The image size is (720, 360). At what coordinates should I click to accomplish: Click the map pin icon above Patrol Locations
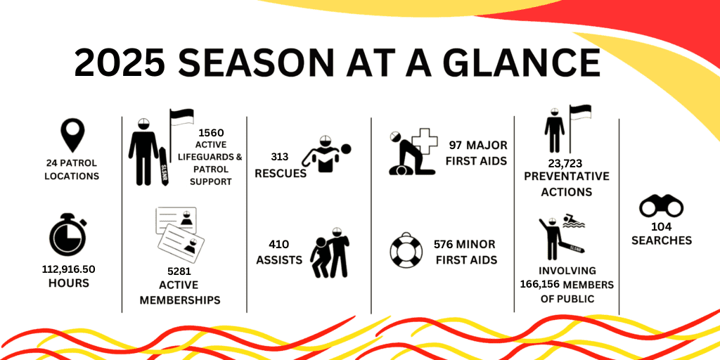pyautogui.click(x=72, y=135)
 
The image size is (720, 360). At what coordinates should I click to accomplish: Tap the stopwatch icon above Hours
pyautogui.click(x=68, y=234)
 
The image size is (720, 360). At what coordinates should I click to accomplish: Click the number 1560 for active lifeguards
pyautogui.click(x=211, y=133)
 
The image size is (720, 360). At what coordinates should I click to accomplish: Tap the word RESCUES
pyautogui.click(x=281, y=174)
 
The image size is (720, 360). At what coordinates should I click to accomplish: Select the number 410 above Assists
pyautogui.click(x=279, y=244)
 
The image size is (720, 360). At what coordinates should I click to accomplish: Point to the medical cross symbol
pyautogui.click(x=425, y=143)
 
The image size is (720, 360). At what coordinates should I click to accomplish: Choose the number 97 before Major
pyautogui.click(x=456, y=146)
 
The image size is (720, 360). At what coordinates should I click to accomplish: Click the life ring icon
pyautogui.click(x=406, y=250)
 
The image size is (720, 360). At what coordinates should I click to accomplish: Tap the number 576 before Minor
pyautogui.click(x=443, y=244)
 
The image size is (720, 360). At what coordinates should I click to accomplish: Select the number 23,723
pyautogui.click(x=565, y=163)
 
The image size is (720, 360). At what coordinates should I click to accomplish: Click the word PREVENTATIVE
pyautogui.click(x=567, y=176)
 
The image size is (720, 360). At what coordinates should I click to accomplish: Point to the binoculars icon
pyautogui.click(x=661, y=207)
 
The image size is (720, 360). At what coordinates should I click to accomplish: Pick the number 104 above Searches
pyautogui.click(x=661, y=227)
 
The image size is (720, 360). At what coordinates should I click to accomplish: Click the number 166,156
pyautogui.click(x=539, y=285)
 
